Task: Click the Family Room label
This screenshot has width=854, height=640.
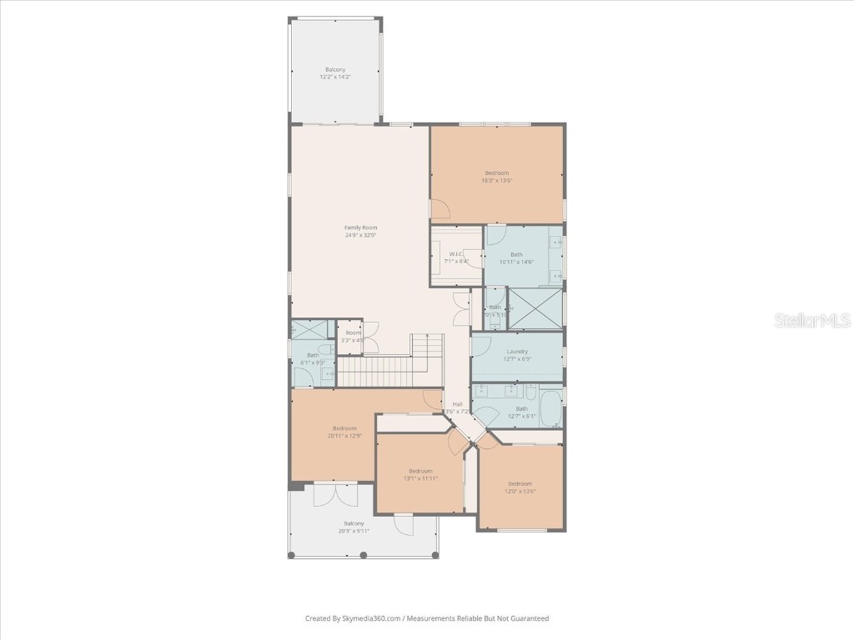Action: [x=361, y=227]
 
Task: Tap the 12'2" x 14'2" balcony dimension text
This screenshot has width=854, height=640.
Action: [x=335, y=77]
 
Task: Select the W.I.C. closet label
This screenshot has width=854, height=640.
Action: [x=455, y=254]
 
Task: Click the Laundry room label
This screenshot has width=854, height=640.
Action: [x=517, y=352]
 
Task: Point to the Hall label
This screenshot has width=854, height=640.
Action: [x=458, y=404]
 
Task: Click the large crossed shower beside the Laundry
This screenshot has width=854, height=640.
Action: [x=535, y=307]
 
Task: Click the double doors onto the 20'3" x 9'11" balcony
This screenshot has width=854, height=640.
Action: [x=336, y=494]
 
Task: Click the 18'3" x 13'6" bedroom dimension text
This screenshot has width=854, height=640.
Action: [x=496, y=180]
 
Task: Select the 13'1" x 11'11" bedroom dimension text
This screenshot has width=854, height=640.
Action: [x=420, y=478]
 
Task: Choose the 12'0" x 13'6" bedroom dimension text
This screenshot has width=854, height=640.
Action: [x=520, y=491]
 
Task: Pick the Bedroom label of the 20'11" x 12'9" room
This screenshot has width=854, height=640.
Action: [x=344, y=428]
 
